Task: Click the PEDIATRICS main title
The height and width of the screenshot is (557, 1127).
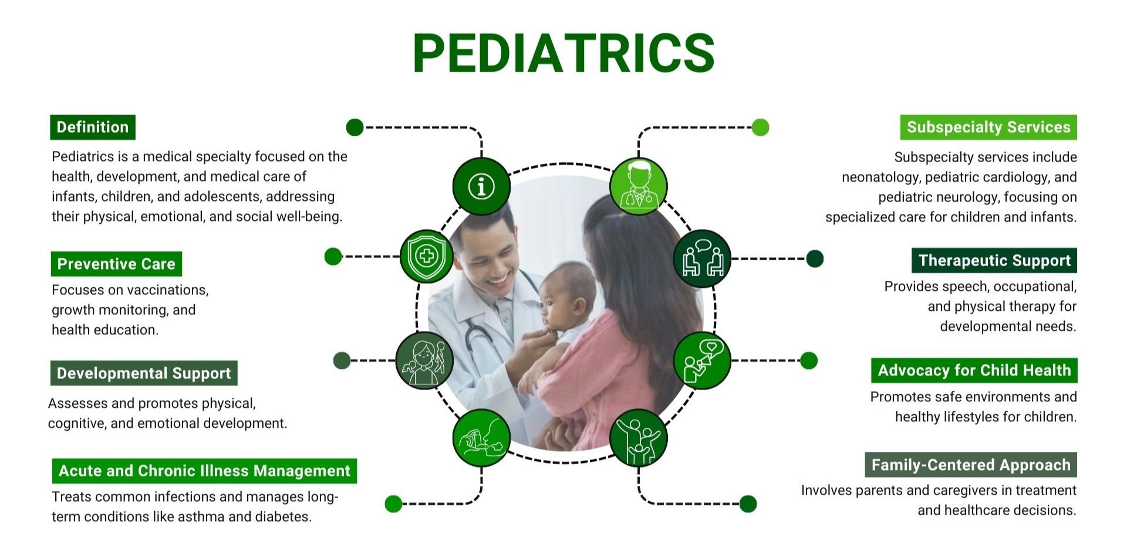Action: tap(563, 53)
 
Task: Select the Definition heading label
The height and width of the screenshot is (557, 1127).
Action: tap(93, 127)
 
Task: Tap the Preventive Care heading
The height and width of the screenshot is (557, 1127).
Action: tap(116, 264)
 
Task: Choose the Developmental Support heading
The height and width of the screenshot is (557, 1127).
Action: tap(144, 373)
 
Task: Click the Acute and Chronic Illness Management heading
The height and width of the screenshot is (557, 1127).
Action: tap(204, 471)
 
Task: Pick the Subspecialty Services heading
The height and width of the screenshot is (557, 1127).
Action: tap(988, 127)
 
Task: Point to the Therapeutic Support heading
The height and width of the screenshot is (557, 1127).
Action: tap(994, 260)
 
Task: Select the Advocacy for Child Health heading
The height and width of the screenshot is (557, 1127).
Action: tap(974, 370)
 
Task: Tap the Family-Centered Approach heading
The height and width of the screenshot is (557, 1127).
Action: tap(971, 465)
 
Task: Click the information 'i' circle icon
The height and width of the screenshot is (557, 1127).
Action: tap(481, 187)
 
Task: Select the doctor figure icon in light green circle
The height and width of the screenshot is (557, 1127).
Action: tap(639, 186)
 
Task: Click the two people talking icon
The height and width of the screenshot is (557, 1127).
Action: tap(703, 259)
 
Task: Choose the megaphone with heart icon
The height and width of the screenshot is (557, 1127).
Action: tap(702, 360)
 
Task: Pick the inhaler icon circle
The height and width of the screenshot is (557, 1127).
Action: tap(481, 438)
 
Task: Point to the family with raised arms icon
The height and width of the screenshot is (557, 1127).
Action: tap(639, 438)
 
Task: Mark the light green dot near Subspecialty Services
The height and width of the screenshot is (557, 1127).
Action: tap(760, 127)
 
